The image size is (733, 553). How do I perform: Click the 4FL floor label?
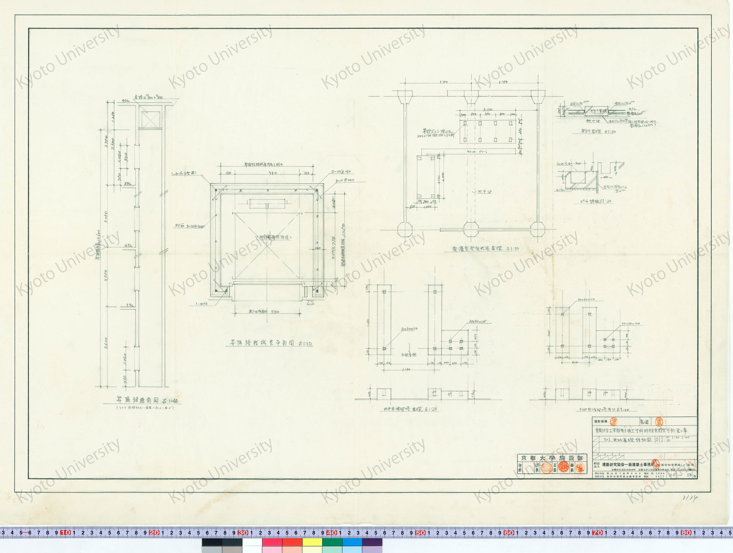[126, 101]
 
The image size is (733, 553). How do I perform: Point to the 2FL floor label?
[128, 245]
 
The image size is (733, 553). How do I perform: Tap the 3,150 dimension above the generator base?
[487, 109]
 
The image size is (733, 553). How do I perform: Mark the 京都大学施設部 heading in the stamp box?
[552, 458]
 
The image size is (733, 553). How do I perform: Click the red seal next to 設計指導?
[614, 422]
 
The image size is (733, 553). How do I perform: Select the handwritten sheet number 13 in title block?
[689, 475]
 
